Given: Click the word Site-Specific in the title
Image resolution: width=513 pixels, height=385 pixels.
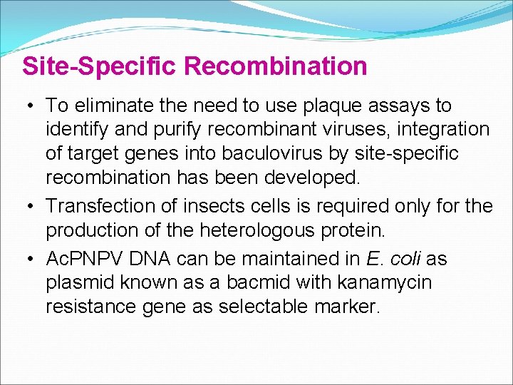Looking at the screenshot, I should (x=100, y=66).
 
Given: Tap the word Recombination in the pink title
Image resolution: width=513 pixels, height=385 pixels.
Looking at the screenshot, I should (x=276, y=66).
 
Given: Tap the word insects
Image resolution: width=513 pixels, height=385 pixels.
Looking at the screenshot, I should (x=207, y=207).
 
